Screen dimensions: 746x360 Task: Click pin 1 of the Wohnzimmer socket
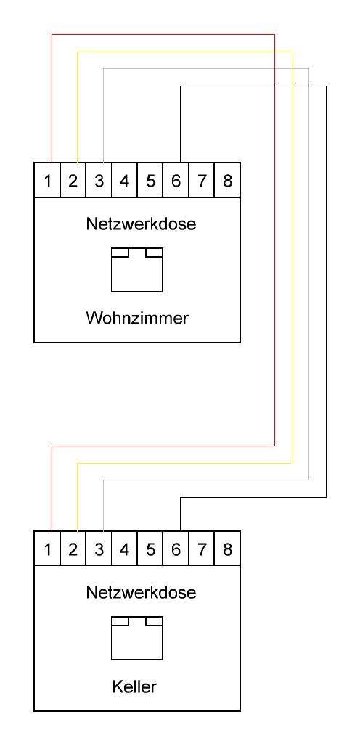pos(47,181)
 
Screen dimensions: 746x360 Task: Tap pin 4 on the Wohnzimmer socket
pos(124,181)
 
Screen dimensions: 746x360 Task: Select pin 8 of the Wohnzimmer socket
pos(227,181)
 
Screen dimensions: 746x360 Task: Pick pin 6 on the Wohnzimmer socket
pos(176,181)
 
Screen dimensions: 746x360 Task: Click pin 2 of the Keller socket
pos(73,549)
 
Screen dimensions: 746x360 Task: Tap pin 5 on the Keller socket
pos(150,549)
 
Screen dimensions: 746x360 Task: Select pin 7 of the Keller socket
pos(202,549)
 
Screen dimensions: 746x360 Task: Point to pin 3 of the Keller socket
pos(99,549)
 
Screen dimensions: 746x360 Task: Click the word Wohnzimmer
pos(136,318)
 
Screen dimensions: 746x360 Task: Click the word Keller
pos(136,686)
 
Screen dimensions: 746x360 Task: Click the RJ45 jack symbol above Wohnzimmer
pos(136,269)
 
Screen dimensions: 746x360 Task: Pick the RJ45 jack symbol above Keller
pos(136,638)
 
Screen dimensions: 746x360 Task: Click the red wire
pos(274,239)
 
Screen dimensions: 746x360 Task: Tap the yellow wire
pos(292,254)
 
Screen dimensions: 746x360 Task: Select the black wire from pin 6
pos(326,290)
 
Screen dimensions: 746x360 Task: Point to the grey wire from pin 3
pos(308,276)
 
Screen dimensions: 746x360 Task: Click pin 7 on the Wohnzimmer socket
pos(202,181)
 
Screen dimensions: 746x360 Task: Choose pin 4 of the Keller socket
pos(124,549)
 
